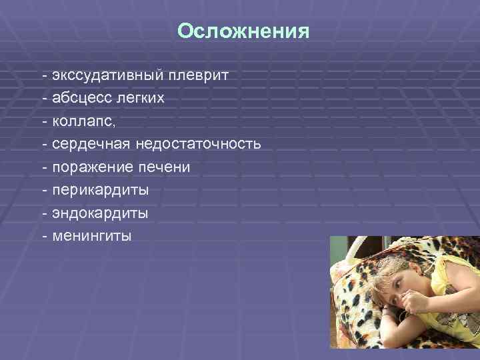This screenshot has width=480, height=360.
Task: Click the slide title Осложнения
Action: (x=244, y=32)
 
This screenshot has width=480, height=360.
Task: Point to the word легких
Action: (x=140, y=99)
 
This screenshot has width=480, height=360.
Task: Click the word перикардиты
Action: (x=96, y=191)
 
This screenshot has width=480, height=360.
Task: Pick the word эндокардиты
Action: (x=95, y=214)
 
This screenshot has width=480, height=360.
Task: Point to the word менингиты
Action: (x=89, y=237)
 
